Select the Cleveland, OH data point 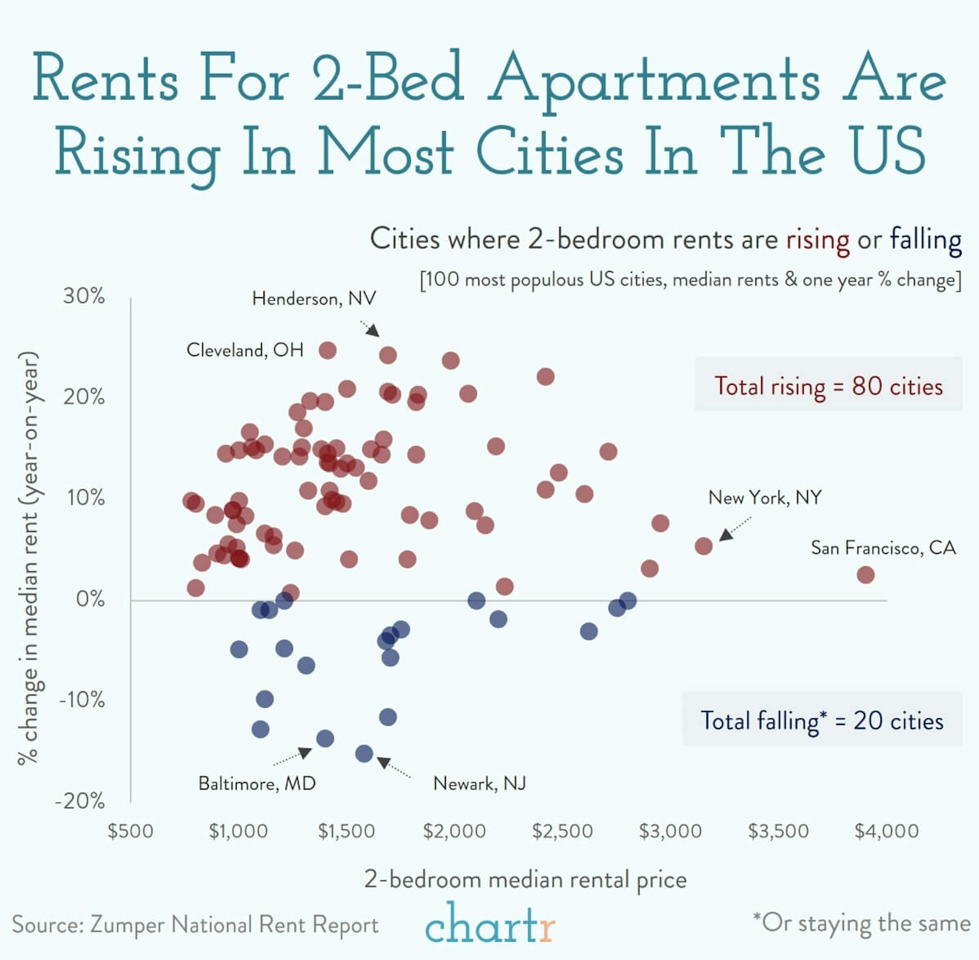click(x=328, y=350)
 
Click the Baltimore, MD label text click(x=257, y=783)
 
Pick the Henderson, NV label click(x=314, y=298)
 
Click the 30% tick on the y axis click(x=84, y=296)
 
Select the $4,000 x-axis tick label click(x=886, y=831)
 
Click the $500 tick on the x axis click(x=131, y=831)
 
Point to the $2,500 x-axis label click(x=562, y=831)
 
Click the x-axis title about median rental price click(x=525, y=879)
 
